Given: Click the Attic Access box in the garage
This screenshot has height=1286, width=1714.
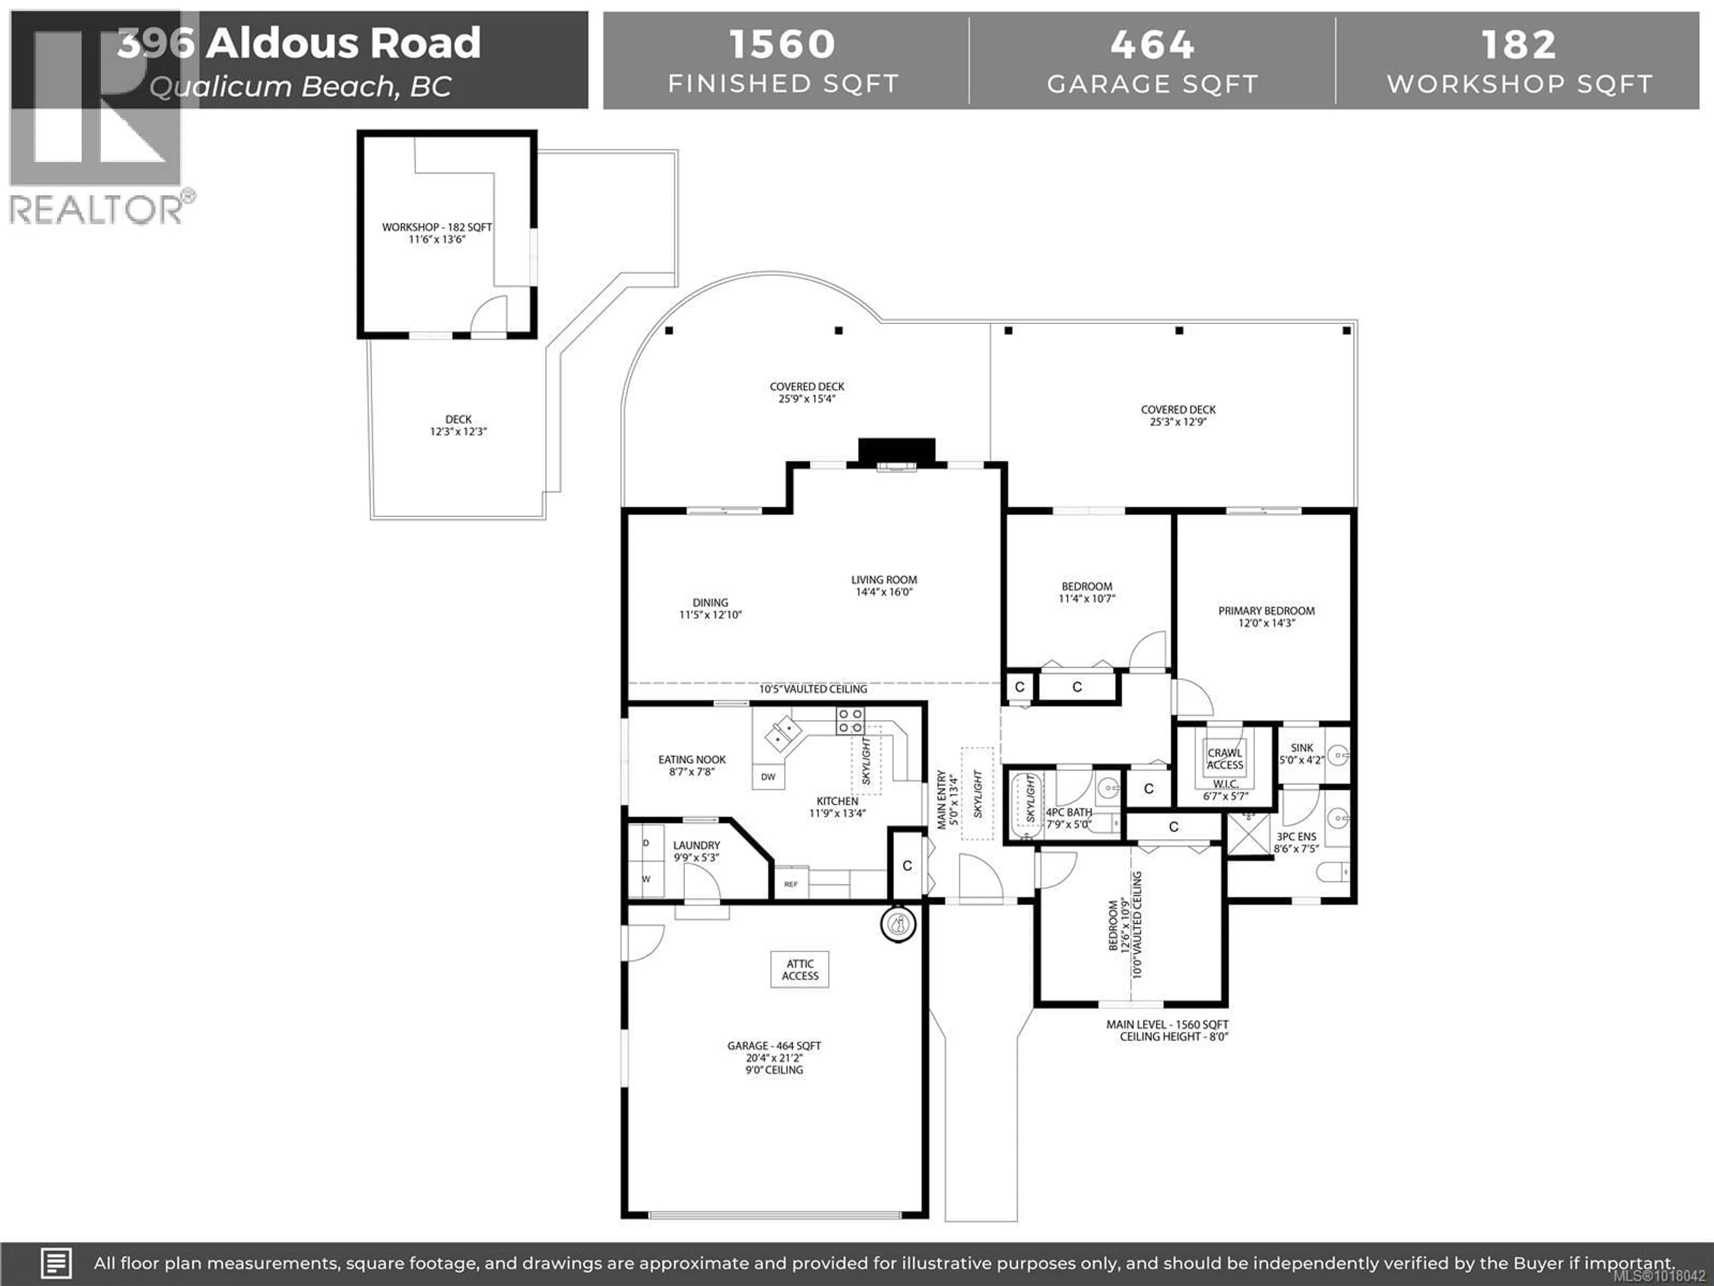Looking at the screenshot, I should [800, 970].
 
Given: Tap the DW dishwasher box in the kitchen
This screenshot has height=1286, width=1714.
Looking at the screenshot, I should [768, 777].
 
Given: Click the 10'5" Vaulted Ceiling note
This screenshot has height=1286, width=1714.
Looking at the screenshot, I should [813, 689].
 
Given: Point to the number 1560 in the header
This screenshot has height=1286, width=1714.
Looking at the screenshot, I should [782, 44].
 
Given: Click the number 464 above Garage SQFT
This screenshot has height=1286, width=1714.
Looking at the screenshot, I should [1152, 44].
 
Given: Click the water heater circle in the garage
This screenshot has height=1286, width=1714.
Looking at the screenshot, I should [898, 923].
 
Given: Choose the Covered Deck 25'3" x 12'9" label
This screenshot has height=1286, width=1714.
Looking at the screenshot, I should [1178, 415].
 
